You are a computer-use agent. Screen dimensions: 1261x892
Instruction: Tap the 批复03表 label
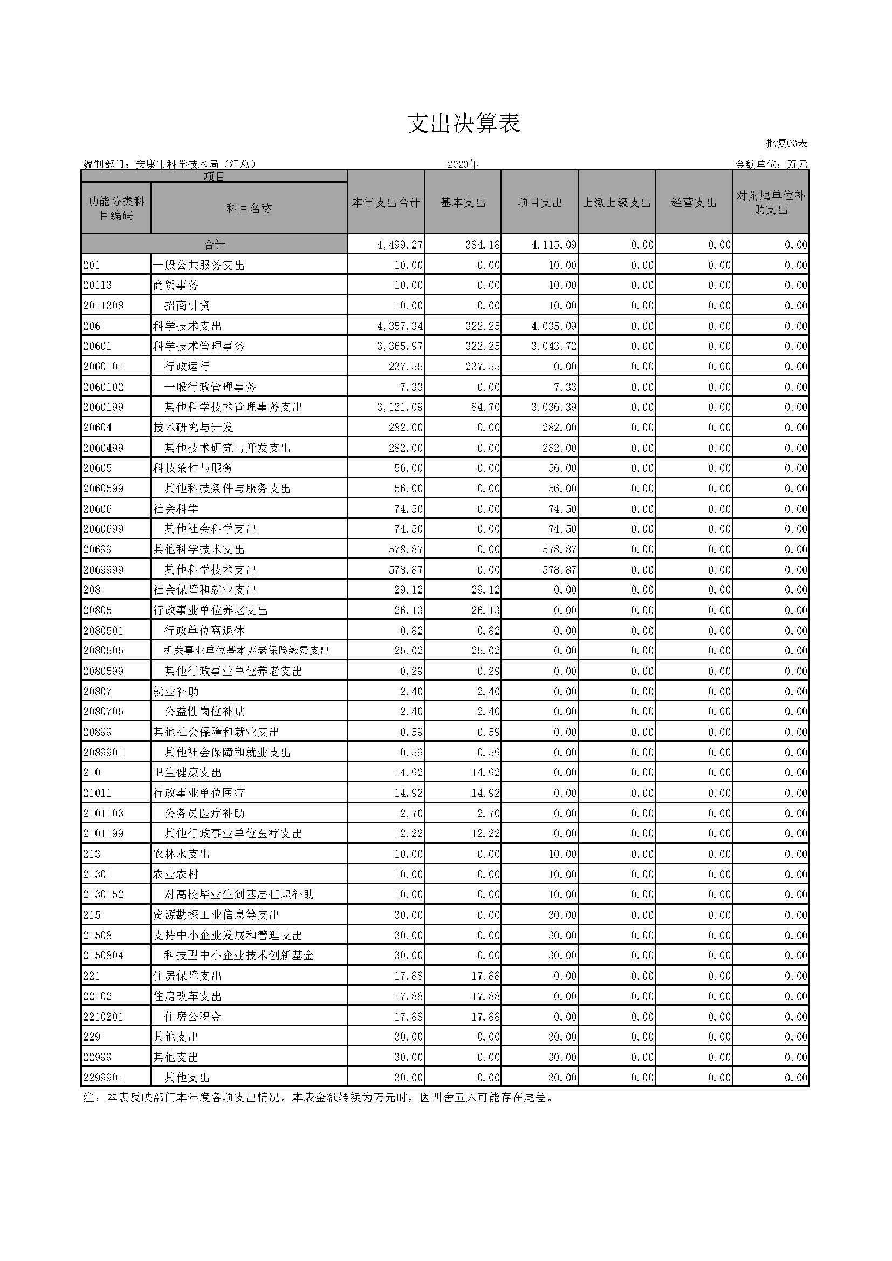786,143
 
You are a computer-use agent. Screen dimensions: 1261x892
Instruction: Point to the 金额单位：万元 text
771,164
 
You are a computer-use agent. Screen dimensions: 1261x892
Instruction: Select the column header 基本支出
463,203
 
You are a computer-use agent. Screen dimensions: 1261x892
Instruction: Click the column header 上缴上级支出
616,203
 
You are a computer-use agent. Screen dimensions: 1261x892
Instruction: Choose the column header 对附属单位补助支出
770,203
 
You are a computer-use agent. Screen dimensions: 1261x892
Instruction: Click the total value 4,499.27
400,245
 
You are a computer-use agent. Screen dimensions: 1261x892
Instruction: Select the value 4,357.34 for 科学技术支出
400,326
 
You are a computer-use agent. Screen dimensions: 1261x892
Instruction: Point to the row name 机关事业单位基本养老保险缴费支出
246,651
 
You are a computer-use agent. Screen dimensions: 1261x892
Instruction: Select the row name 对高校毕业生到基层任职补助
239,894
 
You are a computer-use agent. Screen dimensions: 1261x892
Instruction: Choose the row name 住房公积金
193,1016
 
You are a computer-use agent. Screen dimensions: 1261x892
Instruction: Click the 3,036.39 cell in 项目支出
554,407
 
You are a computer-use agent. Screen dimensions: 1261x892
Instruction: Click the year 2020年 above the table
463,164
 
